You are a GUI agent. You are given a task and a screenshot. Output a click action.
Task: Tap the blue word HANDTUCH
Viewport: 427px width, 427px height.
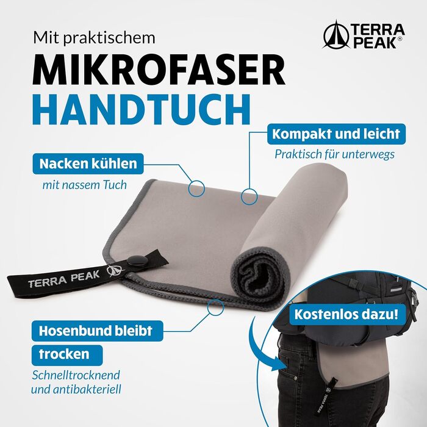pos(142,109)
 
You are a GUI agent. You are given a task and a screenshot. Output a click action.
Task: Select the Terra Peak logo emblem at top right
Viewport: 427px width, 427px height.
pos(335,35)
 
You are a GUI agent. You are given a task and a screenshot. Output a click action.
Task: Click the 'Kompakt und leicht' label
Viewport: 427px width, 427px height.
pos(336,134)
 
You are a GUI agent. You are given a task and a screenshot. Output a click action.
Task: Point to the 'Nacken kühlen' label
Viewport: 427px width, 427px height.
pos(88,163)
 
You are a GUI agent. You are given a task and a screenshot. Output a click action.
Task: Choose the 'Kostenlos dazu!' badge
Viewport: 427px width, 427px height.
pos(346,315)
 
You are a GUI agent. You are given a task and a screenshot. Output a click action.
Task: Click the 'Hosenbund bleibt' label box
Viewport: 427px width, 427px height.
pos(97,331)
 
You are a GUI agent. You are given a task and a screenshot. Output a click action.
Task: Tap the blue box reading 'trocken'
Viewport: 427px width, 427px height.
pos(67,355)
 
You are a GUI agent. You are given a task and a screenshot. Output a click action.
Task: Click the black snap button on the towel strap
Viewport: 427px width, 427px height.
pos(137,261)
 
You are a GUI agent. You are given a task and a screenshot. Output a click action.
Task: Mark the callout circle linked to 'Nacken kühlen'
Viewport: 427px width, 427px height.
pos(196,188)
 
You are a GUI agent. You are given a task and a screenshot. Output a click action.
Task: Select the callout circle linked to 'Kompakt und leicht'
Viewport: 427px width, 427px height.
pos(249,196)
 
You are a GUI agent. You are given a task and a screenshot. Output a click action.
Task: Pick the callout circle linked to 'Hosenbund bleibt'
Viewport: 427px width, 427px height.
pos(215,307)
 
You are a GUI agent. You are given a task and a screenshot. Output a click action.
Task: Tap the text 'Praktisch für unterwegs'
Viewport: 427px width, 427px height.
pos(335,154)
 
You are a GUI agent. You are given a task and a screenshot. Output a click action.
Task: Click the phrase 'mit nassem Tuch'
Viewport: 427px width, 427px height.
pos(85,185)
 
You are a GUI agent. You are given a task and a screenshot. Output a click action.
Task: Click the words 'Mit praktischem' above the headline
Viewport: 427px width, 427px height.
pos(94,38)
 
